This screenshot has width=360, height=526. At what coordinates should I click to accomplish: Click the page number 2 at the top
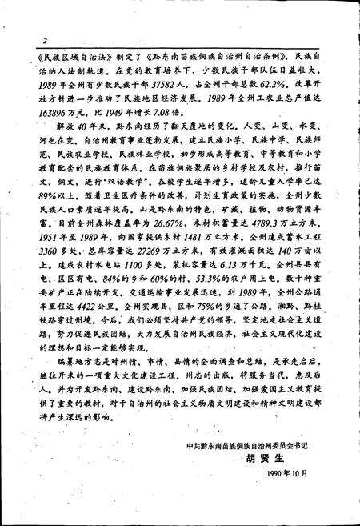(46, 40)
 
